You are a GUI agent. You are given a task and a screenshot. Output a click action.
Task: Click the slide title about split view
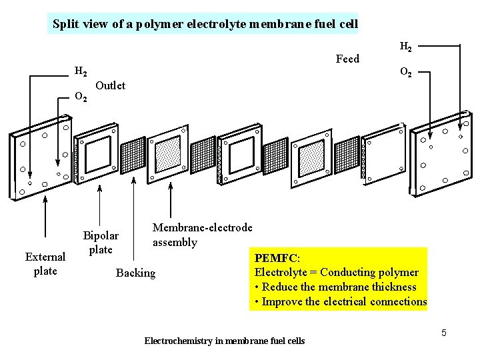tap(205, 25)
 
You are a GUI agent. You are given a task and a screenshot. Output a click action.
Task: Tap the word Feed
tap(347, 59)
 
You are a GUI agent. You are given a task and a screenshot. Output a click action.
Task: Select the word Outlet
tap(111, 85)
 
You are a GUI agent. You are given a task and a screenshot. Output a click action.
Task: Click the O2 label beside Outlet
tap(81, 97)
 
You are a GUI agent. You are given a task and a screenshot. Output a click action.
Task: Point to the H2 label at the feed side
tap(405, 47)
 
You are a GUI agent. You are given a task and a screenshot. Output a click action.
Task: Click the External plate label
tap(45, 263)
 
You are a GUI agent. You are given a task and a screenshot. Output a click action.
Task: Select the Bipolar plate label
tap(101, 243)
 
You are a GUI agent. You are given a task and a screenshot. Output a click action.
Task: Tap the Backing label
tap(135, 273)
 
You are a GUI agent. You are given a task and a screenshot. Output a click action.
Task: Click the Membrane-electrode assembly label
tap(202, 235)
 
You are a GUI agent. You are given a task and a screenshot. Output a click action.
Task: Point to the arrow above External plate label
tap(45, 220)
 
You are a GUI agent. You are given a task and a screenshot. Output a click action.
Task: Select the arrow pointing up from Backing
tap(135, 220)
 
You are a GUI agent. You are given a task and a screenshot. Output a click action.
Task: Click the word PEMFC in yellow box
tap(277, 257)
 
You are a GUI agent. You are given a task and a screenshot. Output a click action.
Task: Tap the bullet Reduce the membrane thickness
tap(335, 287)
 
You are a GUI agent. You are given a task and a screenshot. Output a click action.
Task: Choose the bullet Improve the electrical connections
tap(340, 301)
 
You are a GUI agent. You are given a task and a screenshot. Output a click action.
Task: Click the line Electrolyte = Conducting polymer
tap(337, 272)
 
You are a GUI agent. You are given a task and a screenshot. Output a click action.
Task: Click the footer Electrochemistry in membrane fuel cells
tap(225, 341)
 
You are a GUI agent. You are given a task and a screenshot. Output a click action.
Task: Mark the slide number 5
tap(443, 331)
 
